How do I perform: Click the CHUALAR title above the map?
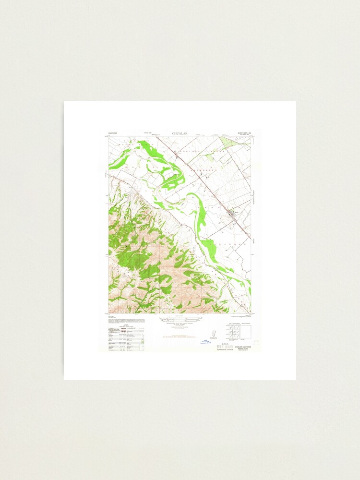pyautogui.click(x=180, y=133)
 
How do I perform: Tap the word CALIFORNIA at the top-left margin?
pyautogui.click(x=115, y=133)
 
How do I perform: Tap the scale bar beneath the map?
pyautogui.click(x=180, y=318)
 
